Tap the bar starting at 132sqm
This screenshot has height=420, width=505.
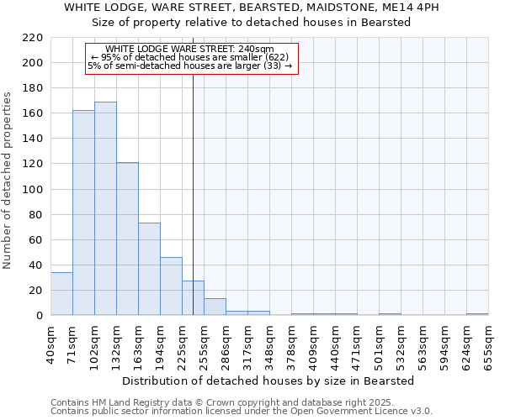coord(127,239)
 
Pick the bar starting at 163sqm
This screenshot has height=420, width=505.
coord(149,269)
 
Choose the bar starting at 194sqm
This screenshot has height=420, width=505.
coord(171,286)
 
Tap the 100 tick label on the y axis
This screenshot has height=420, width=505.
coord(34,190)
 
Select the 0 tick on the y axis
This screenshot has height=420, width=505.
coord(40,316)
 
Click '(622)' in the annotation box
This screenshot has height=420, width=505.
coord(275,57)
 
